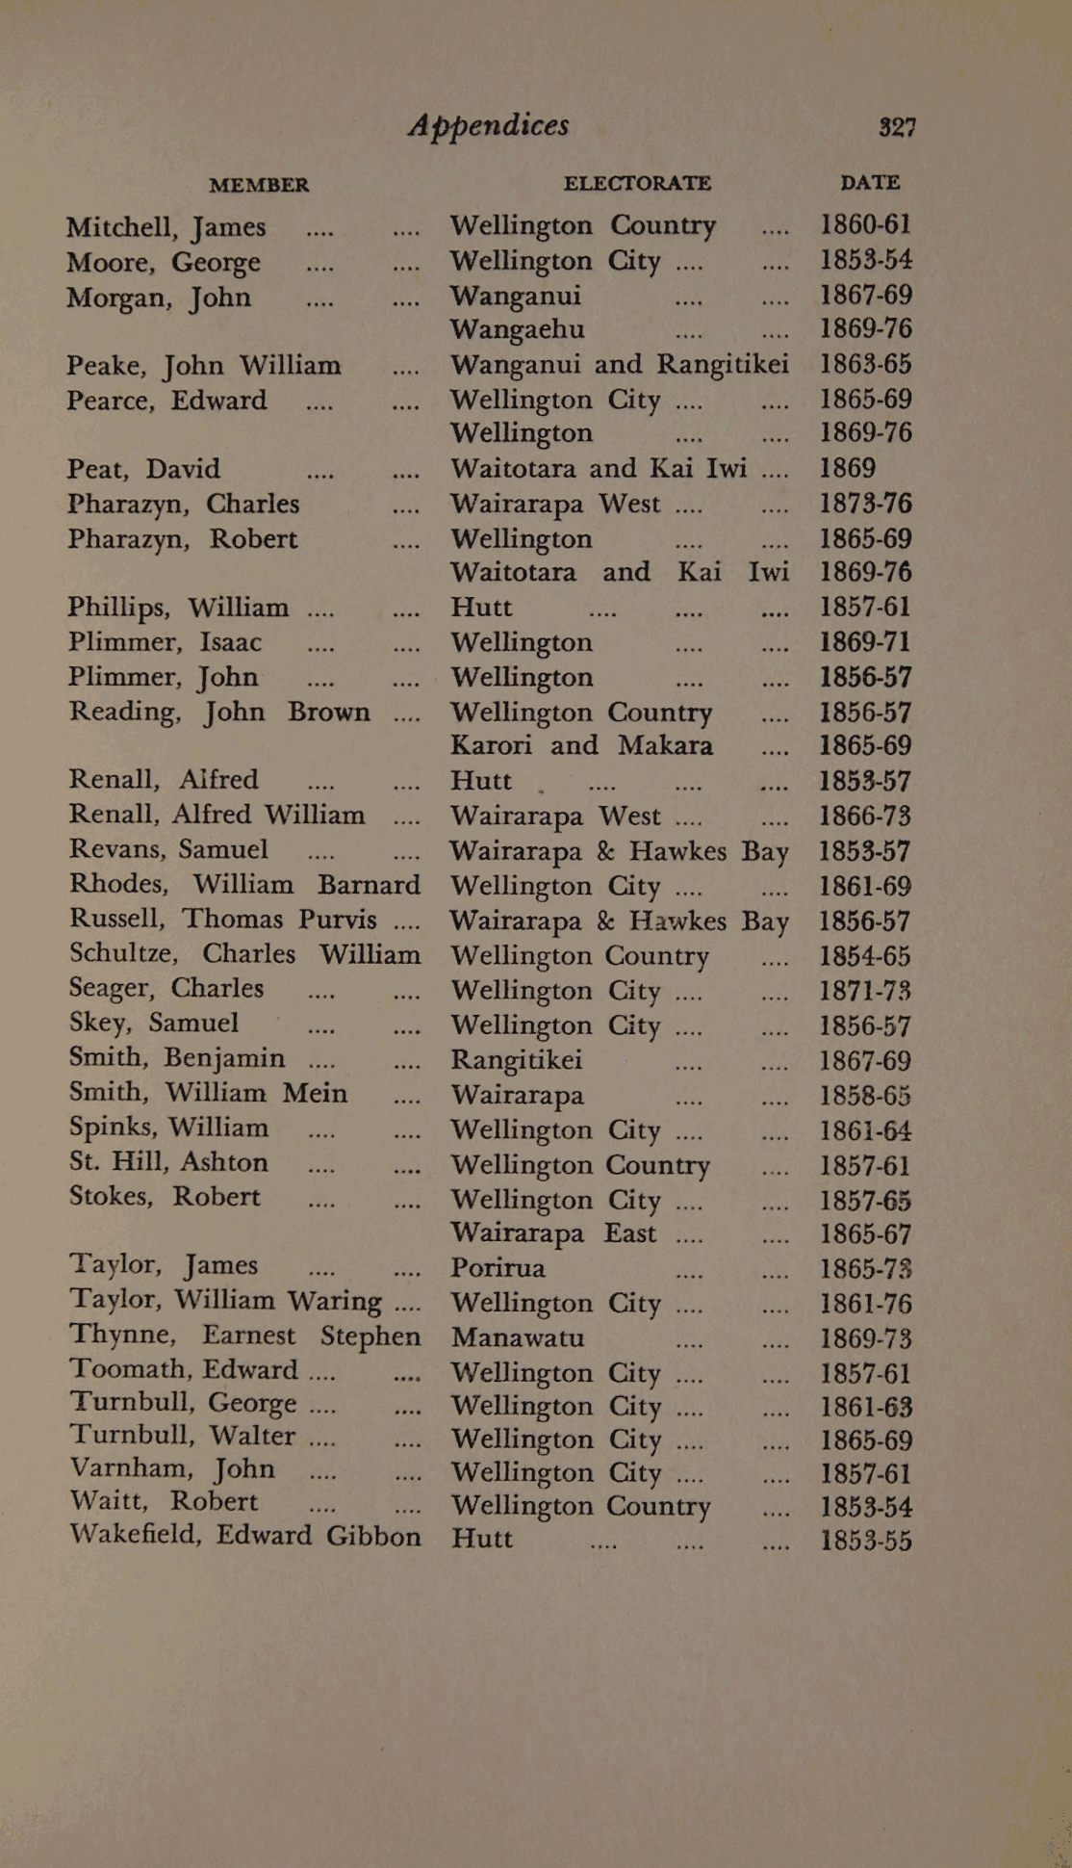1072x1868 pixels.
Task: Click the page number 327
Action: pyautogui.click(x=896, y=127)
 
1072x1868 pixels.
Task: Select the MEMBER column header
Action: pyautogui.click(x=259, y=185)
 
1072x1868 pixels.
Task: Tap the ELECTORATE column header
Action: pyautogui.click(x=637, y=183)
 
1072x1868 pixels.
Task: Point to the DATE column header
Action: pyautogui.click(x=870, y=182)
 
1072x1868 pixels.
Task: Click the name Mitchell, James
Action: pyautogui.click(x=166, y=227)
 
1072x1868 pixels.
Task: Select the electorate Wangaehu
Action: pyautogui.click(x=518, y=329)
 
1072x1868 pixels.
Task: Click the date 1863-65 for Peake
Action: pyautogui.click(x=865, y=365)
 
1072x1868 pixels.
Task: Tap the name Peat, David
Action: pyautogui.click(x=143, y=469)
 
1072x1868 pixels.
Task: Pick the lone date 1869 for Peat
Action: pyautogui.click(x=847, y=469)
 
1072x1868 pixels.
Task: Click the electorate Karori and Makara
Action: pyautogui.click(x=581, y=746)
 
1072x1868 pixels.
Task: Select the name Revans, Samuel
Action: pyautogui.click(x=168, y=849)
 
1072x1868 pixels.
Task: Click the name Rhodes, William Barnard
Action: pyautogui.click(x=244, y=884)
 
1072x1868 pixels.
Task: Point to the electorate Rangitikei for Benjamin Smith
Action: pyautogui.click(x=517, y=1060)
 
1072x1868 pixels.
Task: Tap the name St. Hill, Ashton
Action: pyautogui.click(x=168, y=1162)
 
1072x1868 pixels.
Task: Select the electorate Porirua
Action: pyautogui.click(x=498, y=1268)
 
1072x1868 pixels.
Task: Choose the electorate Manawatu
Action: pyautogui.click(x=518, y=1337)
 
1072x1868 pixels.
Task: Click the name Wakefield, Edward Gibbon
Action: pyautogui.click(x=244, y=1535)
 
